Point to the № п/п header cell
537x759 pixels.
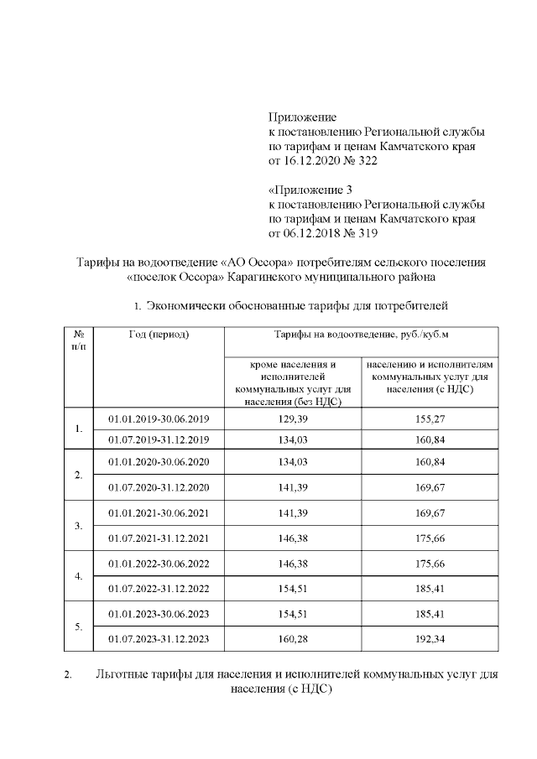click(x=78, y=341)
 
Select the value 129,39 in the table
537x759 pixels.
click(x=292, y=418)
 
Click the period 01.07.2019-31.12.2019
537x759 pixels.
click(x=159, y=439)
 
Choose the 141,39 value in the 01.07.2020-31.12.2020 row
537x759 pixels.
click(x=292, y=487)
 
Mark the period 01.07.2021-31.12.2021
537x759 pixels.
click(x=159, y=538)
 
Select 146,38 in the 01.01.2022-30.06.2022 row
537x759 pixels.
click(x=292, y=563)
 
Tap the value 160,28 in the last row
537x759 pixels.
click(x=292, y=639)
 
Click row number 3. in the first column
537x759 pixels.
click(x=78, y=525)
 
